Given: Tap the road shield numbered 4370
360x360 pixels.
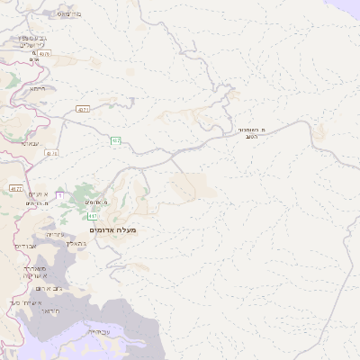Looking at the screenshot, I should [44, 54].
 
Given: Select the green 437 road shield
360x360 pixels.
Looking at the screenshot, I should [116, 140].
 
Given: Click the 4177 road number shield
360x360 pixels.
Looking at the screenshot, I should [16, 188].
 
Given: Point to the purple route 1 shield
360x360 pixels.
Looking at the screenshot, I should [59, 194].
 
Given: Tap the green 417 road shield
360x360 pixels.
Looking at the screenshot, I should [92, 216].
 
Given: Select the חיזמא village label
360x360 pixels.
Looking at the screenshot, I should [37, 88].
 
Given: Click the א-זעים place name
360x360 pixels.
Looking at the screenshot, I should [37, 194].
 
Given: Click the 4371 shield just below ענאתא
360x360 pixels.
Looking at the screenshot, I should [51, 154].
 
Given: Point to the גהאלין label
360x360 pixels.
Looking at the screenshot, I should [76, 245].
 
